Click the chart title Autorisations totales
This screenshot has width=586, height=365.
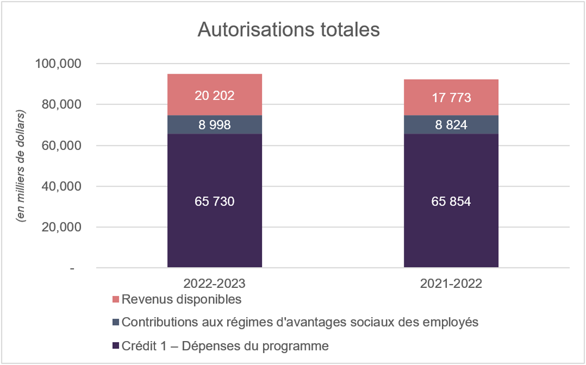coord(289,29)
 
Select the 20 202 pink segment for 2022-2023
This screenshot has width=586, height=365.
coord(214,95)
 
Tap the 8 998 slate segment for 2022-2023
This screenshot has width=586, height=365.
coord(214,125)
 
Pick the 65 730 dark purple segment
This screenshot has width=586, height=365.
coord(214,201)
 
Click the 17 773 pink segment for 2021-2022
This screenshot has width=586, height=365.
coord(451,98)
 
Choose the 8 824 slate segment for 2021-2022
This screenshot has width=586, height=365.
coord(451,125)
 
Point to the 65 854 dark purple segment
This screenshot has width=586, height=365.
coord(451,201)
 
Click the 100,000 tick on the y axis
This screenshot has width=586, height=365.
coord(58,64)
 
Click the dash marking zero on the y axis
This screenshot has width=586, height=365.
coord(72,268)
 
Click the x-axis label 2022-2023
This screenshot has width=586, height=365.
coord(214,284)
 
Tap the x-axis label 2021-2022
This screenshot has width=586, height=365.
coord(451,284)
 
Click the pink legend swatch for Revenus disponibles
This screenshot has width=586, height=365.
coord(116,299)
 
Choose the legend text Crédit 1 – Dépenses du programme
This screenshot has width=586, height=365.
coord(225,346)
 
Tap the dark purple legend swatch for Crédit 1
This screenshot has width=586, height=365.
coord(116,346)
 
